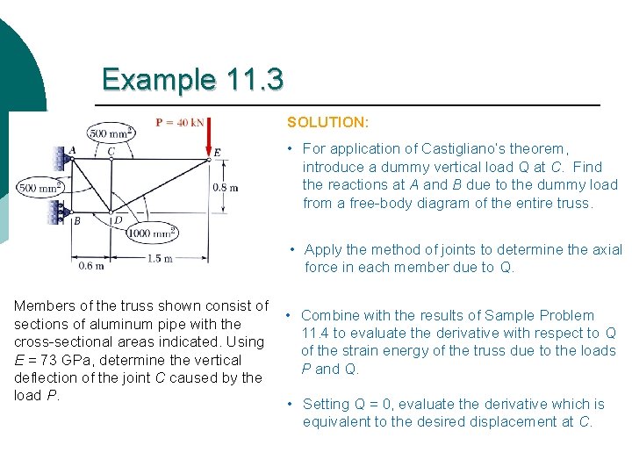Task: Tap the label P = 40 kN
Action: point(179,122)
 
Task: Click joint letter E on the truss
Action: point(218,153)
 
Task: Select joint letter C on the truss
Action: point(111,151)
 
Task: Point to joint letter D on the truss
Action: point(118,220)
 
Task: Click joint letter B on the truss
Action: point(76,221)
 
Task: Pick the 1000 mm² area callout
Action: point(152,233)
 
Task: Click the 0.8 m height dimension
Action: point(226,188)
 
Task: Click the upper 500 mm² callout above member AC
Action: point(111,133)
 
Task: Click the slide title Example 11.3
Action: point(192,80)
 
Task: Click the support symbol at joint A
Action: point(61,159)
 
